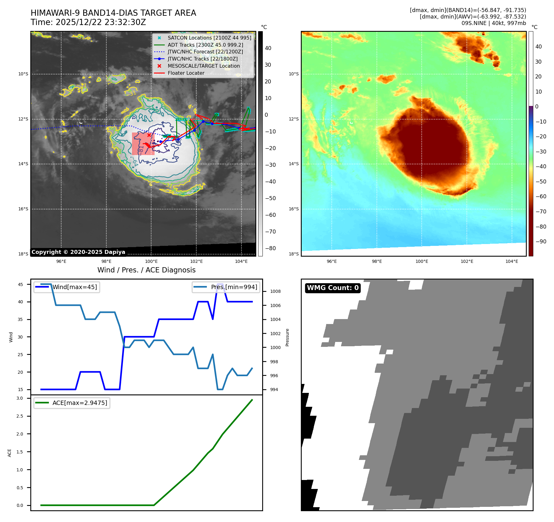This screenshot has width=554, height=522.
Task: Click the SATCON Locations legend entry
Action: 209,38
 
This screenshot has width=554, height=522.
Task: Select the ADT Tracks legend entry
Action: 205,45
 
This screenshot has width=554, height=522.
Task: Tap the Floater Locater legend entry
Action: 186,73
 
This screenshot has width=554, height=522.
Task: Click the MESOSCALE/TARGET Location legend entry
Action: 203,66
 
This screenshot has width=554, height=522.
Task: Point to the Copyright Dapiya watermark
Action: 78,252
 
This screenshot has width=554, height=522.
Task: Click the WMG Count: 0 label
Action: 333,288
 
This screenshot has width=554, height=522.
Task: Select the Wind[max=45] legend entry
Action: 75,287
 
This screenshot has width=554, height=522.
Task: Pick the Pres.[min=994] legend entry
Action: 234,287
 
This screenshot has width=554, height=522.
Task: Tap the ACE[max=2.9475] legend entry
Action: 80,403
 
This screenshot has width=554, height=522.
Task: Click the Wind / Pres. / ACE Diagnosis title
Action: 146,270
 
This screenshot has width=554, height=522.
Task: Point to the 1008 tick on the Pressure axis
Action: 275,291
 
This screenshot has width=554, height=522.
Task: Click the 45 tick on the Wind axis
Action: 20,284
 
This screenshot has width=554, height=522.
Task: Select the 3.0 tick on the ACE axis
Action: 20,398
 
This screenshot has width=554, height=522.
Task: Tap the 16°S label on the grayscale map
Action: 23,209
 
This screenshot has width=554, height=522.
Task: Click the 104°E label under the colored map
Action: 512,261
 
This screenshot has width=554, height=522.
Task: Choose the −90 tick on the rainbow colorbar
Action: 540,242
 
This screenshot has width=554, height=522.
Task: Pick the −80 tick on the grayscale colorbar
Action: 270,248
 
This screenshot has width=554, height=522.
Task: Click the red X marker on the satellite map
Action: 149,135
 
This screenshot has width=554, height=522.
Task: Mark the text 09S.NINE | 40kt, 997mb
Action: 493,23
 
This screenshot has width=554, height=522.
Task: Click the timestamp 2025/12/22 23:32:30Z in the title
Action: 101,22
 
